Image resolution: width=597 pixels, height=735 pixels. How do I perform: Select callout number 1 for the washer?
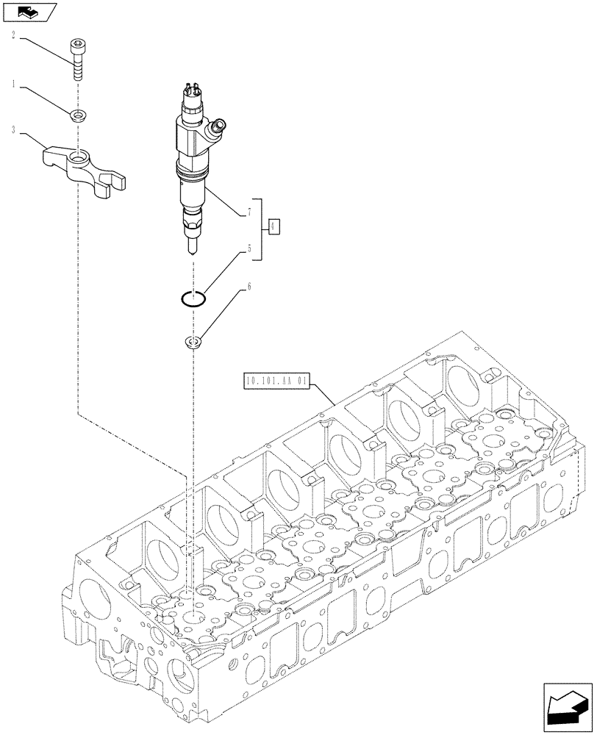point(14,86)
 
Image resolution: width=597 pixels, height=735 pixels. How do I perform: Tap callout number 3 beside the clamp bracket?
point(14,130)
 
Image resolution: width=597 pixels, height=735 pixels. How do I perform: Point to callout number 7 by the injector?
point(249,212)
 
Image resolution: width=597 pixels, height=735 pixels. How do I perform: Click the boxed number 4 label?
point(274,226)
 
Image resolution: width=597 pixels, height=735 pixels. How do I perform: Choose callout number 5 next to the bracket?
point(249,248)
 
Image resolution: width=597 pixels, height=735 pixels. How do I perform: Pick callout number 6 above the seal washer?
point(249,288)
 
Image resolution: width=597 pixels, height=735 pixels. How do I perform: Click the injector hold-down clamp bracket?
point(82,165)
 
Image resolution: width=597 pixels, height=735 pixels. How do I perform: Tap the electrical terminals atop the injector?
point(189,91)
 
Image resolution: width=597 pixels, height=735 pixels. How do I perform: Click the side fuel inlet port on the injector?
point(216,129)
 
